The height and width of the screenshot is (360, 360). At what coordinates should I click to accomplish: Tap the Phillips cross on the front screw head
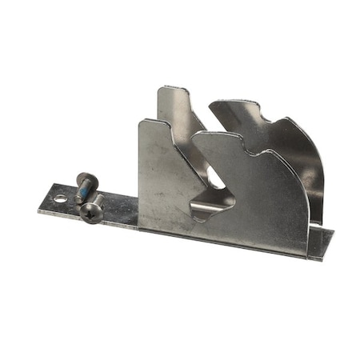(x=91, y=210)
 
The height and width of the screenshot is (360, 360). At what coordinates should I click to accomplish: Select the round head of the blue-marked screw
(x=87, y=179)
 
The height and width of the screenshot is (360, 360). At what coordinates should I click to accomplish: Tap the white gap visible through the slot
(x=214, y=180)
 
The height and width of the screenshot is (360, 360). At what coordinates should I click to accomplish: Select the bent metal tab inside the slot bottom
(x=210, y=210)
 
